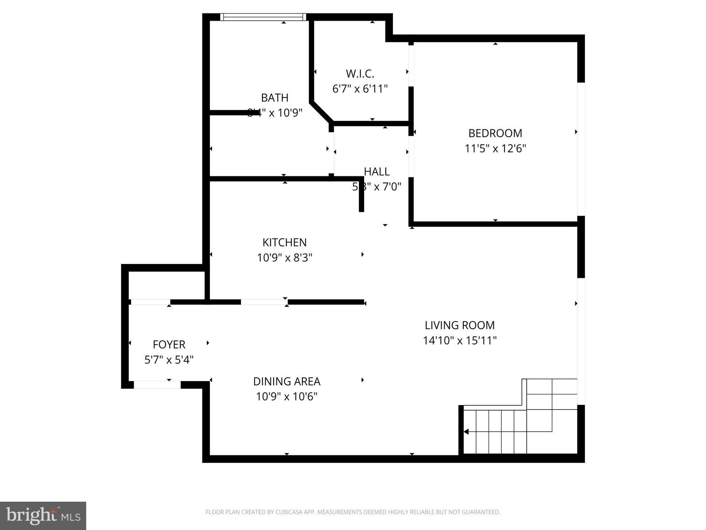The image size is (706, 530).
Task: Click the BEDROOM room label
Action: [495, 133]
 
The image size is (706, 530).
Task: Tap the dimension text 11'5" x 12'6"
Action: [495, 149]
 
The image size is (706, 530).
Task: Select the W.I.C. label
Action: [360, 74]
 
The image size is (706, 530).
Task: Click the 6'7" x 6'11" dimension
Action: [360, 89]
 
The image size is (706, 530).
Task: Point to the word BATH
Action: [274, 98]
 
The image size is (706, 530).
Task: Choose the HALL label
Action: [377, 171]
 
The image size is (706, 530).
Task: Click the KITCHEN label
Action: [284, 243]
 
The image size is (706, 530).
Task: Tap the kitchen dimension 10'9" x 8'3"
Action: [284, 258]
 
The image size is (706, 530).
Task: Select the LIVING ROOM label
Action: [460, 325]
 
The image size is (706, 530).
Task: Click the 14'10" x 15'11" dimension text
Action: [460, 341]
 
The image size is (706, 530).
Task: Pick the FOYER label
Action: [169, 345]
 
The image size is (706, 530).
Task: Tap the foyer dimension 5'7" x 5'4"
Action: [169, 360]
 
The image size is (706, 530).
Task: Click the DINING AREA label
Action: [286, 382]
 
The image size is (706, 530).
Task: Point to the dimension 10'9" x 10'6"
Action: [286, 397]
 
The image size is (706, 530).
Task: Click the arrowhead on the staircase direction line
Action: [466, 432]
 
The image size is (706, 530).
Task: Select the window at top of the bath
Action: [263, 17]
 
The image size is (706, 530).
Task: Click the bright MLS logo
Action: [43, 516]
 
